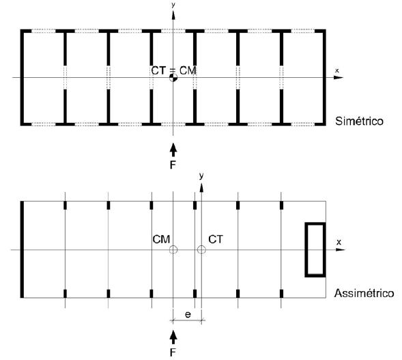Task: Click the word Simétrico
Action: [359, 121]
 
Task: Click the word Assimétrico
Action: [364, 293]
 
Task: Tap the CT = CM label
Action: [173, 70]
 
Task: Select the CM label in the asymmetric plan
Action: [161, 239]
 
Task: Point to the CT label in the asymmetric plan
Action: [216, 239]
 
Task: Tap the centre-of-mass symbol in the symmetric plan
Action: [173, 77]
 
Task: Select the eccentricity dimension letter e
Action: [188, 315]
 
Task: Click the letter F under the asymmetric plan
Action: [173, 352]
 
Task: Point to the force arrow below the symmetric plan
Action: [173, 150]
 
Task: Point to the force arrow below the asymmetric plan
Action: [173, 337]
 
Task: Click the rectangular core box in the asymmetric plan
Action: [306, 250]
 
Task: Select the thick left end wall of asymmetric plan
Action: [22, 249]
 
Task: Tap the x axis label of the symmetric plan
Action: [337, 70]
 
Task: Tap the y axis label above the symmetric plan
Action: [173, 5]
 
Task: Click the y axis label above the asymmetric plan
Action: [201, 176]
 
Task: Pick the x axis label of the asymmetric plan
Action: [339, 242]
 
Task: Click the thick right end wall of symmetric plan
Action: [324, 77]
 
